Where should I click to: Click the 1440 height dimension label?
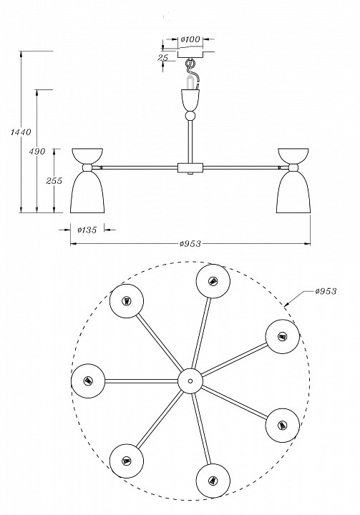[x=21, y=132]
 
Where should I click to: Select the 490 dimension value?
[x=37, y=152]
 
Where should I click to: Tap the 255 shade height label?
[x=54, y=181]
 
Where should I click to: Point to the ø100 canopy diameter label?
[x=190, y=39]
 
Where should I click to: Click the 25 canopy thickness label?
[x=163, y=58]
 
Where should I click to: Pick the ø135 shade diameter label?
[x=87, y=230]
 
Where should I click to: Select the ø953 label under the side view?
[x=190, y=244]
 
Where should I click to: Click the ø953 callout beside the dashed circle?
[x=326, y=291]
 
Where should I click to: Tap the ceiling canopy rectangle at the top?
[x=190, y=54]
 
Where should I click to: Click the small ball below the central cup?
[x=190, y=116]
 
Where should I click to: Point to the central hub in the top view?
[x=190, y=381]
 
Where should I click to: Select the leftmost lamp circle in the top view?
[x=88, y=381]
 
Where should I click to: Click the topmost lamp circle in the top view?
[x=213, y=281]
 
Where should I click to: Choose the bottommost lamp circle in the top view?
[x=213, y=481]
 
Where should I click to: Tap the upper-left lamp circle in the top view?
[x=127, y=301]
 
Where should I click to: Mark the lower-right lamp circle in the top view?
[x=283, y=426]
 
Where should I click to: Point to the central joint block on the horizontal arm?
[x=190, y=168]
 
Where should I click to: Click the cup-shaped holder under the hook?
[x=190, y=100]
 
